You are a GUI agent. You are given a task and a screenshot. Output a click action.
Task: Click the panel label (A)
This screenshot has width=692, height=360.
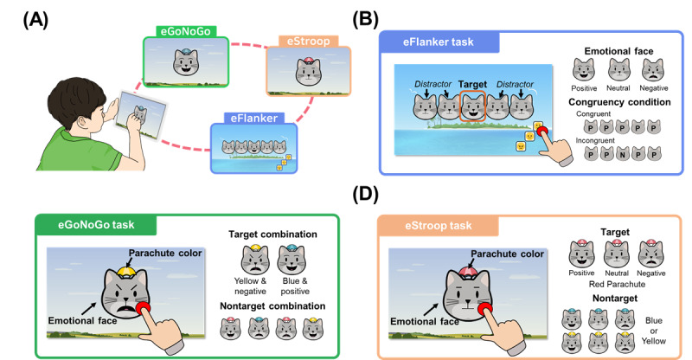coord(35,20)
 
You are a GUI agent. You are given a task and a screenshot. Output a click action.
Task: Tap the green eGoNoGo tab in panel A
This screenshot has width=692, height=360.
coord(185,31)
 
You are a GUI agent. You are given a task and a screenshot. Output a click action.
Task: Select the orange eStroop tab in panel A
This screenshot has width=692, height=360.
coord(308,41)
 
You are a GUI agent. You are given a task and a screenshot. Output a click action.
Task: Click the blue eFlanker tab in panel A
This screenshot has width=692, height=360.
coord(253,118)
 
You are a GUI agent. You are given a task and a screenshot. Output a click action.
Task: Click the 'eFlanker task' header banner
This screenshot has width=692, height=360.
coord(439,42)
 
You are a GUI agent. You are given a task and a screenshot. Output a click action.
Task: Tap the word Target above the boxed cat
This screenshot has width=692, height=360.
coord(472,84)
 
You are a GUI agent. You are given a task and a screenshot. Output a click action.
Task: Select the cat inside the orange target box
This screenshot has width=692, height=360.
coord(472,106)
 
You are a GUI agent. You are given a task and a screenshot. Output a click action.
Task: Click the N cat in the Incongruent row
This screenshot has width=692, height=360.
coord(623,154)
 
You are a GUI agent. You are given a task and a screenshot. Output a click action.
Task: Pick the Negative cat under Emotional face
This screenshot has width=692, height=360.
coord(653,70)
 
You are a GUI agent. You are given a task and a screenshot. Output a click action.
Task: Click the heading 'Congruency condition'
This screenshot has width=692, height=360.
coord(619,102)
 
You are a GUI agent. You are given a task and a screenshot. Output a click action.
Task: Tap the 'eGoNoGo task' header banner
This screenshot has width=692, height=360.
coord(96,225)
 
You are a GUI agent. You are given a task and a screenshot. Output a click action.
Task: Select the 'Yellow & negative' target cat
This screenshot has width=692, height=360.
coord(255,260)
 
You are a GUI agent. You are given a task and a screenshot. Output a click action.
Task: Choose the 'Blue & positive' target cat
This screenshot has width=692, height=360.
coord(292,260)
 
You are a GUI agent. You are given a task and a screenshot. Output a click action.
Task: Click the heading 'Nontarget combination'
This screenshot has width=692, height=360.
coord(272,306)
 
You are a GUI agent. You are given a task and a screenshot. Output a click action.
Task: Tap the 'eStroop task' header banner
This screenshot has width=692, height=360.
coord(439,226)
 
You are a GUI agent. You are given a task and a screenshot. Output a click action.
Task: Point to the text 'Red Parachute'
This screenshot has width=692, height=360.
coord(617,284)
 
